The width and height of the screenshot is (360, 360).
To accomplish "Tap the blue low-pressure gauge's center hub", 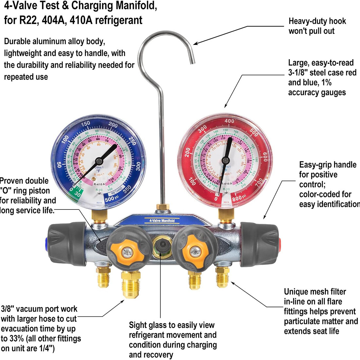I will pyautogui.click(x=99, y=161).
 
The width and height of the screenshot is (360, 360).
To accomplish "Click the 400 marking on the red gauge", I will pyautogui.click(x=229, y=121).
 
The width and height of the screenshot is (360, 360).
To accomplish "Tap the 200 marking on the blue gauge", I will pyautogui.click(x=113, y=125).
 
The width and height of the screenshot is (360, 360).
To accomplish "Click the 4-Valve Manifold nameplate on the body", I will pyautogui.click(x=159, y=221).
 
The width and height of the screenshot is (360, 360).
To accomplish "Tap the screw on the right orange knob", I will pyautogui.click(x=195, y=251).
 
